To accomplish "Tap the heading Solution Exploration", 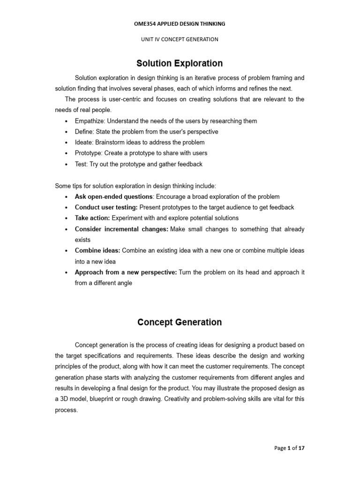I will click(180, 63).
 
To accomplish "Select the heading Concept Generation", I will click(180, 322).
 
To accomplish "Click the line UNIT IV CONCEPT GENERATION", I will click(180, 39).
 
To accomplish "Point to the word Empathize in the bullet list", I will click(89, 121).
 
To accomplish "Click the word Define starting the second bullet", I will click(83, 132).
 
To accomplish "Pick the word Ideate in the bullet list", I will click(83, 142).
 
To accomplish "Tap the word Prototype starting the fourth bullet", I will click(87, 153).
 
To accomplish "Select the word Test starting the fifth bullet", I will click(81, 164).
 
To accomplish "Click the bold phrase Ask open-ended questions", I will click(113, 196).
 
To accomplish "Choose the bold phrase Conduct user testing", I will click(106, 207).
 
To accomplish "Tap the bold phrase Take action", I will click(92, 218).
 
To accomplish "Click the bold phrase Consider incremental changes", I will click(121, 229).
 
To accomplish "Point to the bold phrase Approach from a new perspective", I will click(126, 272).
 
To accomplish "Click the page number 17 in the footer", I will click(301, 448).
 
